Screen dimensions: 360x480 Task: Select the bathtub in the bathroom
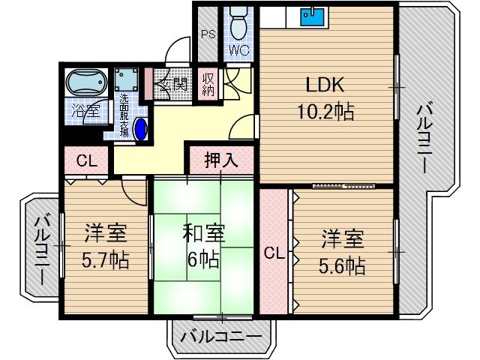pos(85,82)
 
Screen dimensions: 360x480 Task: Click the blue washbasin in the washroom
pos(141,127)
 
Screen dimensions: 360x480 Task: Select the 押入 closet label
pos(221,159)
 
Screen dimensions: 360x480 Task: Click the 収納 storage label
pos(208,84)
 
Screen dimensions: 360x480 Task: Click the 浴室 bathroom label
pos(85,112)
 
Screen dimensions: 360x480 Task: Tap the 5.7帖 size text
pos(106,260)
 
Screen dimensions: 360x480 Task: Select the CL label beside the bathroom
pos(85,159)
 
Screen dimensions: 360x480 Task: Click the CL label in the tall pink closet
pos(274,253)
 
